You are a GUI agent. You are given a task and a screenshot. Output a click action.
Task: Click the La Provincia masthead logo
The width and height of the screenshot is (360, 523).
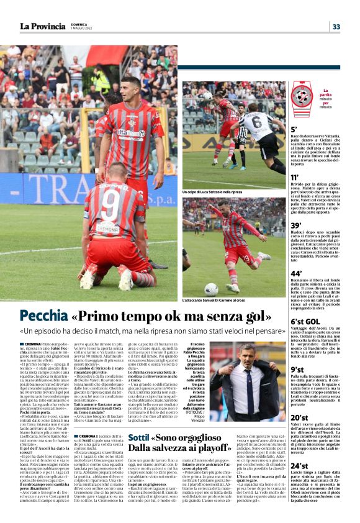[42, 26]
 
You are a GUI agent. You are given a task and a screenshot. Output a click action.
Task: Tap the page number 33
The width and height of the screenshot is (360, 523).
[336, 27]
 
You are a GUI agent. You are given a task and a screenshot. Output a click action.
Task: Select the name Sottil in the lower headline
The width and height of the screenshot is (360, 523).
[139, 437]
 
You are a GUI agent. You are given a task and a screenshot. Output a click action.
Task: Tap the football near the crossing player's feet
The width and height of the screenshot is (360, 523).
[211, 289]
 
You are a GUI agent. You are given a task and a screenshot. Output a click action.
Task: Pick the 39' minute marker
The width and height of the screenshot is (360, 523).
[297, 225]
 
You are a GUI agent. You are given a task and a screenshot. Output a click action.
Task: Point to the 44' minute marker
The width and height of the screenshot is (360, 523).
[297, 273]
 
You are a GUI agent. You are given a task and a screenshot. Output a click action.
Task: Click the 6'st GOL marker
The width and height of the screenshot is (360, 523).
[305, 321]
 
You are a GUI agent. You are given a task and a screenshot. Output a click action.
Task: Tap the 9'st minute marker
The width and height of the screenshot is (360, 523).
[298, 370]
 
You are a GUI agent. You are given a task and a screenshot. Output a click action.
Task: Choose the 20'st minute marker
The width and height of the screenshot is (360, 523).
[299, 417]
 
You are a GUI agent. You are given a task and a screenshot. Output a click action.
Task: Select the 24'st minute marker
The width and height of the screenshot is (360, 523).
[299, 465]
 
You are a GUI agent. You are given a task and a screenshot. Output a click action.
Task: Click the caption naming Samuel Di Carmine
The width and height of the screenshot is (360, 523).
[214, 300]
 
